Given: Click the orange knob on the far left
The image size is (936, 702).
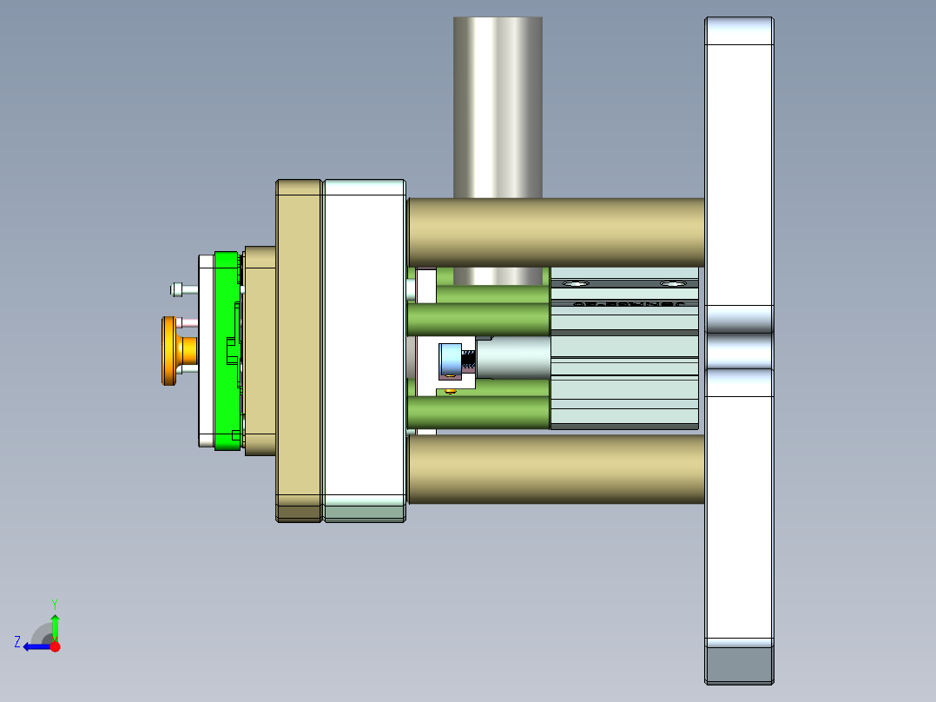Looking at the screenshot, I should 168,351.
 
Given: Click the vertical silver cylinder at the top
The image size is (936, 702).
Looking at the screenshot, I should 498,104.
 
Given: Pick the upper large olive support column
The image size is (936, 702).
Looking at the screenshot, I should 556,231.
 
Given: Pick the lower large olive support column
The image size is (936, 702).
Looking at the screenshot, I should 556,469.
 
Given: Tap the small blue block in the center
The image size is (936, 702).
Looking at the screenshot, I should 450,361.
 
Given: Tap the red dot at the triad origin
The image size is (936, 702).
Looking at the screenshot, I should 56,646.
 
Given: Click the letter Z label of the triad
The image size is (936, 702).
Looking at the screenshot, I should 17,642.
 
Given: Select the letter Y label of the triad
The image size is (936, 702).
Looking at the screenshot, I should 55,603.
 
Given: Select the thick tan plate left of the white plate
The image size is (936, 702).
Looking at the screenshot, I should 300,348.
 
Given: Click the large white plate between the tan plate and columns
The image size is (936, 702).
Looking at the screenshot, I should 365,348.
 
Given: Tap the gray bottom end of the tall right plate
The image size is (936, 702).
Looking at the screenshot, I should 739,665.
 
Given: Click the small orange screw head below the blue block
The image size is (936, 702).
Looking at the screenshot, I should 450,391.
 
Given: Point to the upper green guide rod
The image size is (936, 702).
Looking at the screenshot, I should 478,318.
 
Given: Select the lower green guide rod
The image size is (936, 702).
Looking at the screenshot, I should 478,412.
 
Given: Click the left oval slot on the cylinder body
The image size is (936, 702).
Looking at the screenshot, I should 574,283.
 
